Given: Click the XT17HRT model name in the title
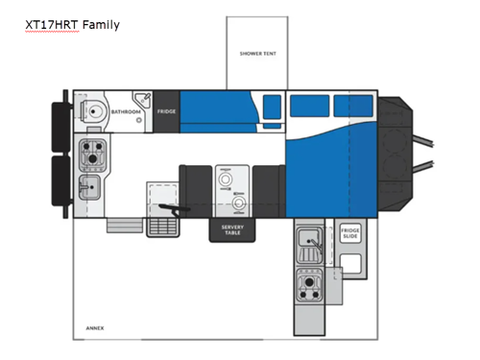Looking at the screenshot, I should [x=51, y=24].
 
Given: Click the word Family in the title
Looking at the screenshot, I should [x=101, y=24].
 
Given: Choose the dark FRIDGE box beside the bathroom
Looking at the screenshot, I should [x=166, y=111].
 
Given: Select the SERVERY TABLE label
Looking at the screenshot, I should [x=233, y=229].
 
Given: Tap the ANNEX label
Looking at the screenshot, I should [x=94, y=328].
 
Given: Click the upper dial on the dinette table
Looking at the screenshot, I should [x=227, y=178].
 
